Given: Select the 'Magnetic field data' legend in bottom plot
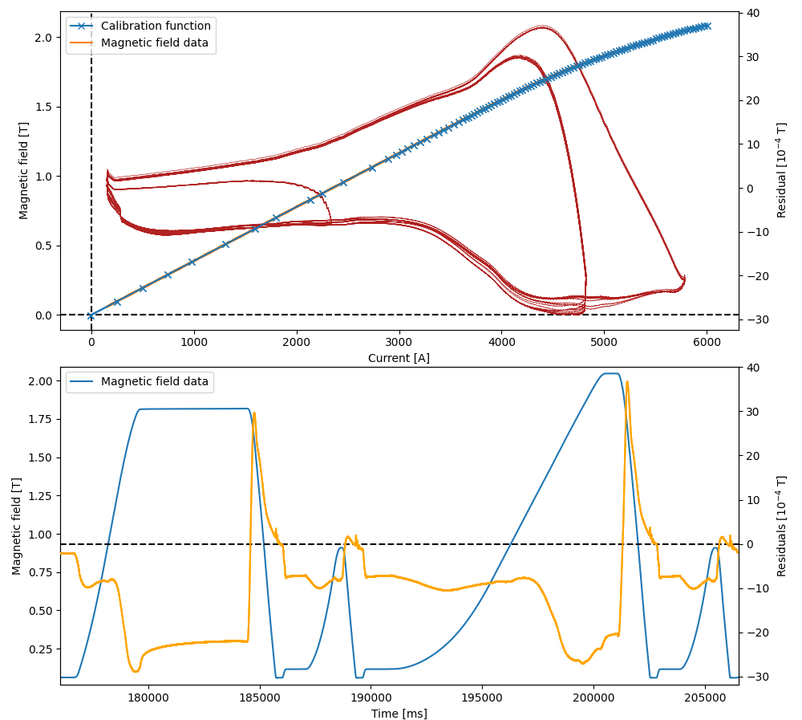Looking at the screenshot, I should [154, 382].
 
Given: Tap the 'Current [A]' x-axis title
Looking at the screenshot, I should [399, 358].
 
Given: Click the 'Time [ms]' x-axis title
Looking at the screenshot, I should [399, 713].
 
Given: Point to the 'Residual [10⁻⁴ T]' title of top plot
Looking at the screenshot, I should [781, 170].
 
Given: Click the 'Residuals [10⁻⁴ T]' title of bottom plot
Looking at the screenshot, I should [781, 526].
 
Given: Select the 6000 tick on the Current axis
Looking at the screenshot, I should [707, 340].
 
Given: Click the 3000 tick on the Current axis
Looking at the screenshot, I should [399, 340].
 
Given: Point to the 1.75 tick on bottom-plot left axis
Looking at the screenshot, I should [39, 419].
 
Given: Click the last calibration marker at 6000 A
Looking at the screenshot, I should [707, 26].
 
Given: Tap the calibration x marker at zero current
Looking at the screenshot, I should [91, 315].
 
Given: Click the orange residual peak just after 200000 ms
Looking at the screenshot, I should [627, 382].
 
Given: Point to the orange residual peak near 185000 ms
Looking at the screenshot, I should [254, 414].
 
